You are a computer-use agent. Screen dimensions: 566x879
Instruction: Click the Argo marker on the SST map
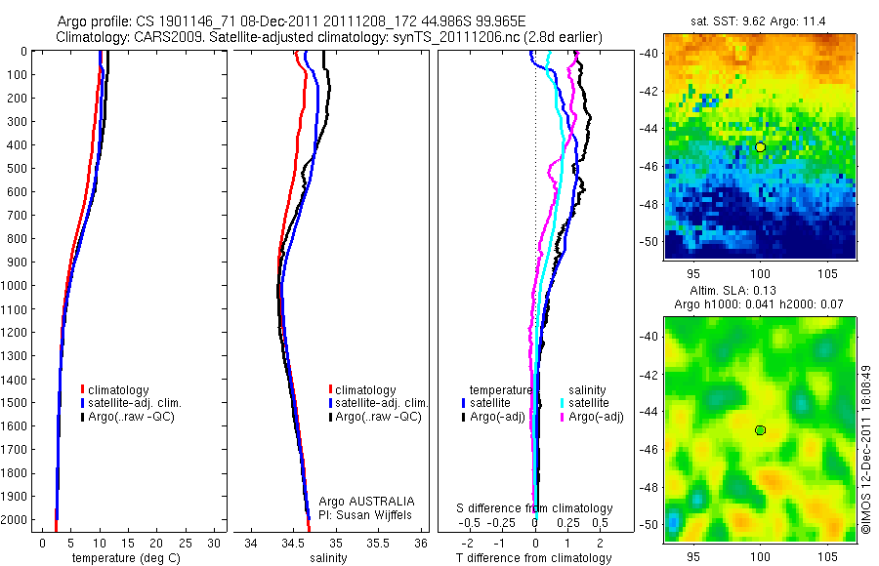[x=760, y=146]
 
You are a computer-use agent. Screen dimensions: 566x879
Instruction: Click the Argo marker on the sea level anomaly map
[x=760, y=430]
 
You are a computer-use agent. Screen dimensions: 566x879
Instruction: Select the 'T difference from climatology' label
[x=534, y=558]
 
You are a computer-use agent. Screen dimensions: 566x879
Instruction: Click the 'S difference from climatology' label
[x=534, y=508]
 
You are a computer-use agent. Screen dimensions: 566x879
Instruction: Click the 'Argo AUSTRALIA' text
[x=359, y=501]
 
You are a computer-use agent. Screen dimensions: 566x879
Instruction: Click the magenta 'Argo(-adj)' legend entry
[x=596, y=417]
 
